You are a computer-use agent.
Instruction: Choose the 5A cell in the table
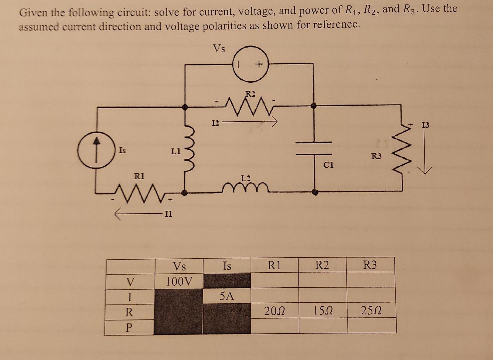point(227,295)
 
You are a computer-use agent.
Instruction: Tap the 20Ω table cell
point(274,311)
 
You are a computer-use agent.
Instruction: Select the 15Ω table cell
point(322,311)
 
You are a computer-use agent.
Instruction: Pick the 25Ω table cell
point(371,311)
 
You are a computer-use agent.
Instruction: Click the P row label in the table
point(129,327)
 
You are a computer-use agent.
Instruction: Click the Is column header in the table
point(227,266)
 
